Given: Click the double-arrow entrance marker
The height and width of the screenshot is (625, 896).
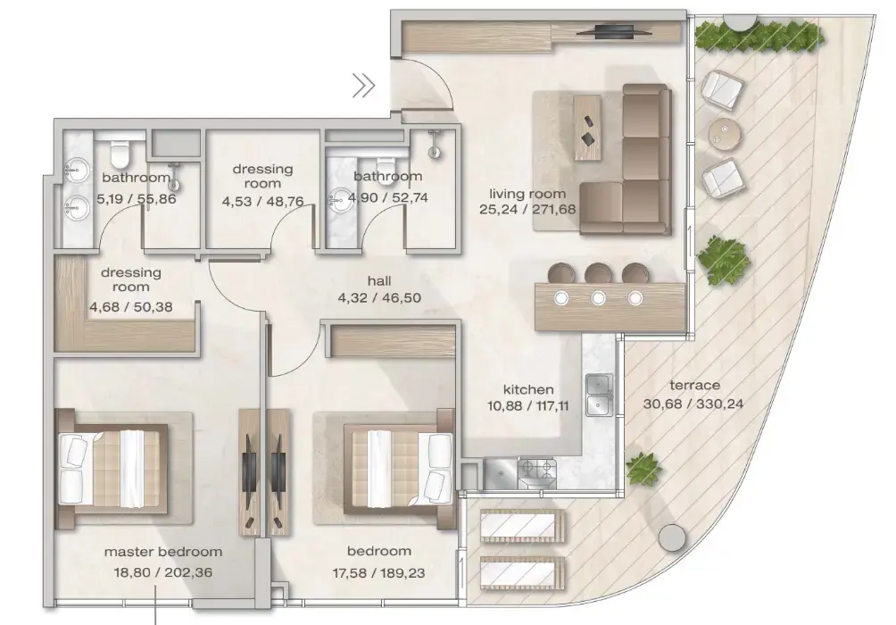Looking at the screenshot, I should (363, 86).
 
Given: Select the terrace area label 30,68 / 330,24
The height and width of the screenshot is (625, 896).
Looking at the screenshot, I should (693, 403).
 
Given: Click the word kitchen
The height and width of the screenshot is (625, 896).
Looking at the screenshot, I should (528, 389).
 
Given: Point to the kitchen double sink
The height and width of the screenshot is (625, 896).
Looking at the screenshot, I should (599, 396).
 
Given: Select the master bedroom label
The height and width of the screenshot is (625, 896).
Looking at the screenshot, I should (162, 552).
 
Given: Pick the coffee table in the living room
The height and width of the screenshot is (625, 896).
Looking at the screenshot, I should (588, 126).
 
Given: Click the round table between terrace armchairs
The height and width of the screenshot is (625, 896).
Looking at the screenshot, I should (725, 133).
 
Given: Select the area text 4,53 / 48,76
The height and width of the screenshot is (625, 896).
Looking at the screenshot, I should (262, 201).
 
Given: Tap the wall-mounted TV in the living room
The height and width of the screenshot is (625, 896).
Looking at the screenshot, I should (613, 31).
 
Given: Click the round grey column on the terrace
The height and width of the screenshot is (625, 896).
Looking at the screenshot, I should (673, 538).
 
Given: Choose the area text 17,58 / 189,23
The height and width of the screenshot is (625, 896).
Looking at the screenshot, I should (379, 571).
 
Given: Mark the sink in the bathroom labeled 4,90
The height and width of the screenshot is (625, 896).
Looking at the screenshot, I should (343, 199).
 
